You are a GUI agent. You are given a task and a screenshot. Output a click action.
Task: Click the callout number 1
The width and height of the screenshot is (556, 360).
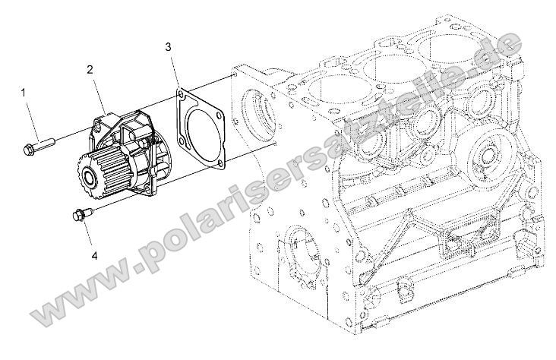24,93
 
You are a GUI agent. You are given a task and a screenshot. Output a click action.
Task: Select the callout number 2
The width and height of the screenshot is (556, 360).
90,69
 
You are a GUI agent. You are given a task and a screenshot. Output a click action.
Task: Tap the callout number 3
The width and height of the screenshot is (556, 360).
168,48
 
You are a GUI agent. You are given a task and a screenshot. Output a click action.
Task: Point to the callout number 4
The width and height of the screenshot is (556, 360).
94,256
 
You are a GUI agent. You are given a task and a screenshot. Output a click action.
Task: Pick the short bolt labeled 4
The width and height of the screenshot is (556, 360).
80,216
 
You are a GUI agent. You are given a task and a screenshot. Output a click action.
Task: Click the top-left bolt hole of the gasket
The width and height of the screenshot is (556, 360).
182,95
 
